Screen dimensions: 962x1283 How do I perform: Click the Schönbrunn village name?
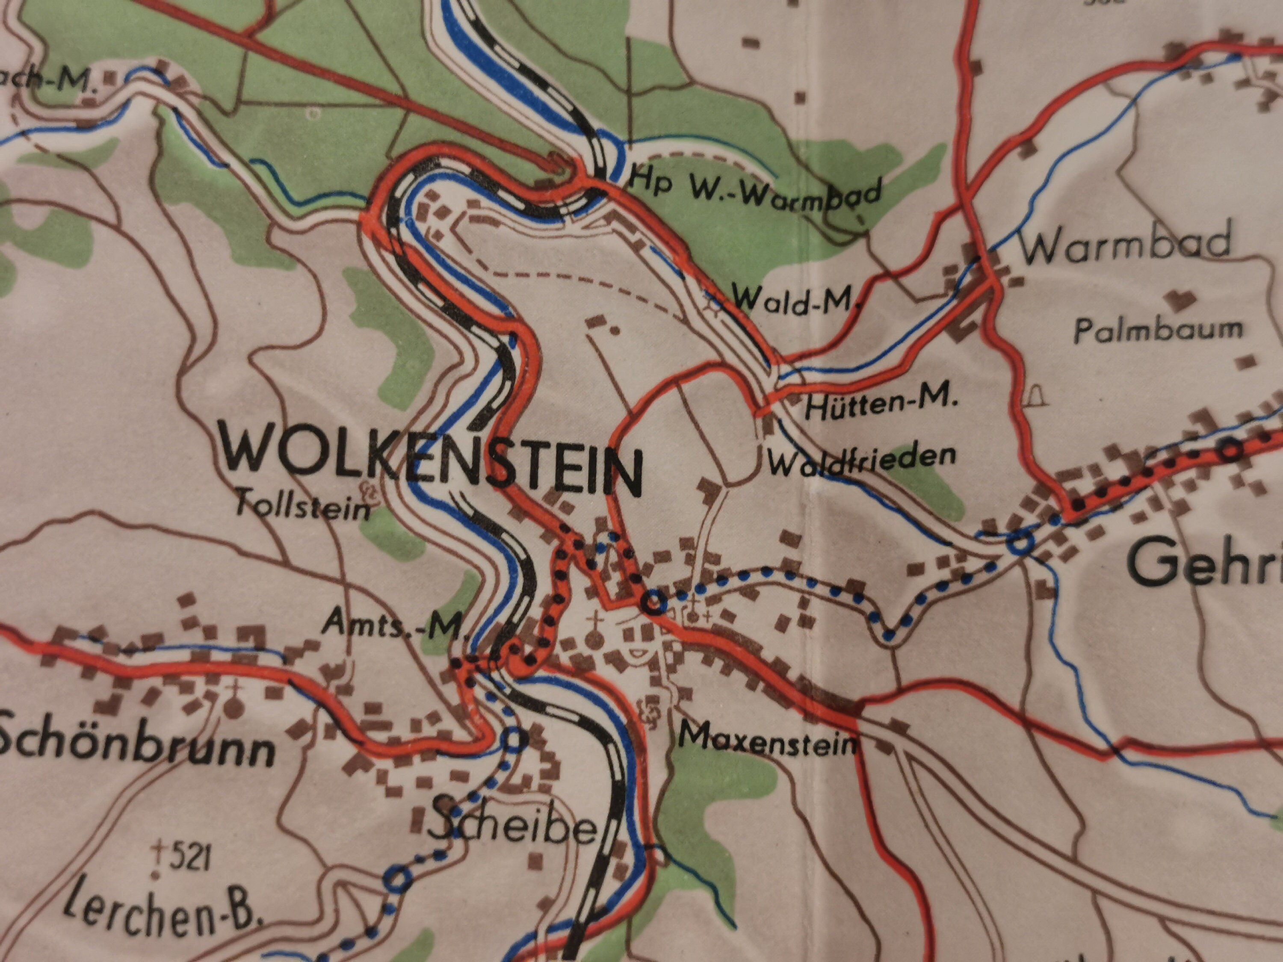point(136,748)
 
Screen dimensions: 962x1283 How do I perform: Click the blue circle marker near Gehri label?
point(1020,543)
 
